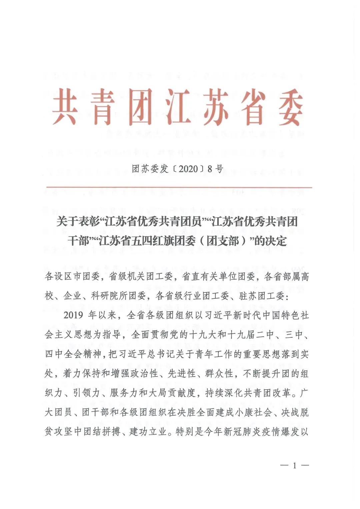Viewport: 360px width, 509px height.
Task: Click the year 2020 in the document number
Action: tap(188, 169)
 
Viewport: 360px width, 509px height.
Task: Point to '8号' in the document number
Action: tap(215, 169)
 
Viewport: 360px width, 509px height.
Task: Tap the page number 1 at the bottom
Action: tap(294, 466)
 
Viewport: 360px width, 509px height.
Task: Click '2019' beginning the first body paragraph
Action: tap(73, 315)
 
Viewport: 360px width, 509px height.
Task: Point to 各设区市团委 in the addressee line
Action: tap(72, 276)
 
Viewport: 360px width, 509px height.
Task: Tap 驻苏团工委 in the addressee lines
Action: tap(261, 296)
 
